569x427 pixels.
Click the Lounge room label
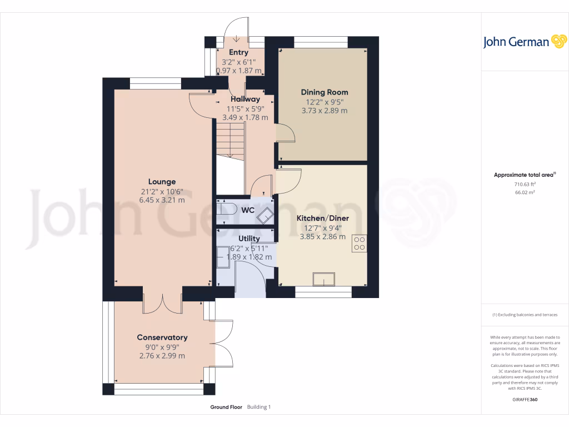click(x=162, y=182)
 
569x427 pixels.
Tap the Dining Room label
click(x=325, y=92)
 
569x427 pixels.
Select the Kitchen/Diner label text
click(x=323, y=219)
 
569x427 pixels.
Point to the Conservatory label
click(x=162, y=337)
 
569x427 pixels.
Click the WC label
click(x=247, y=211)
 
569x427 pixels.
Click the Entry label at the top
click(x=238, y=53)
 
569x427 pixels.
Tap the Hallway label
click(x=245, y=99)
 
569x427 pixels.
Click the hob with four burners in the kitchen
click(x=359, y=244)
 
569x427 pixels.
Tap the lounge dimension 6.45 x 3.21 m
click(x=162, y=200)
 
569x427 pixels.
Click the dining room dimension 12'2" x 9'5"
click(x=325, y=102)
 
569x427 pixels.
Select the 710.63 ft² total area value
click(x=525, y=184)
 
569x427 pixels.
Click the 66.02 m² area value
click(x=525, y=192)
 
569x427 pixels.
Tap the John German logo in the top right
click(x=524, y=42)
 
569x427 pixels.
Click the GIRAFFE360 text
click(x=525, y=399)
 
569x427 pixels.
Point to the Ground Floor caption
click(x=226, y=407)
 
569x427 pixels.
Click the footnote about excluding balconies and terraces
click(x=525, y=315)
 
